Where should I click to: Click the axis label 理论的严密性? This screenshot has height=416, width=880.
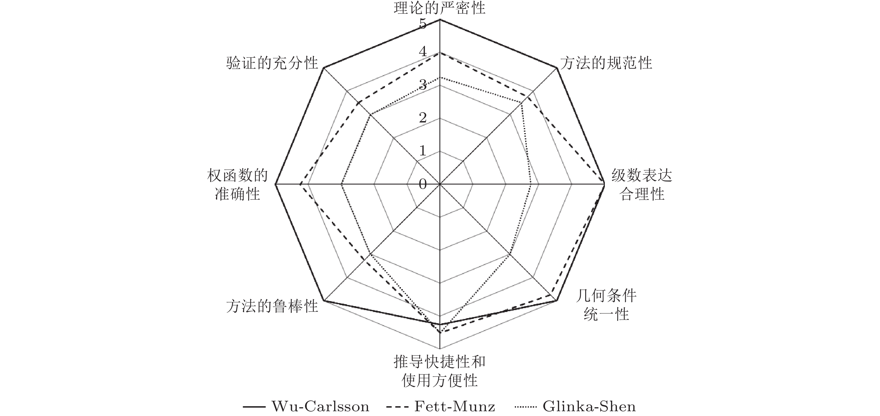[439, 8]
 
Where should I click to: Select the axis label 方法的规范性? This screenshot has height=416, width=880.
[606, 63]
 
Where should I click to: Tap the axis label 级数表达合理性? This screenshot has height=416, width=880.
[641, 185]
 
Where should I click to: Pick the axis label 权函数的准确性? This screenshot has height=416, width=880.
[237, 185]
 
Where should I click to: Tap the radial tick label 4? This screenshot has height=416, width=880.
[423, 52]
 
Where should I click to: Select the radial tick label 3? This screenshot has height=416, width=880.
[423, 84]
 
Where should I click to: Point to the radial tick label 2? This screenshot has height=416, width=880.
[423, 118]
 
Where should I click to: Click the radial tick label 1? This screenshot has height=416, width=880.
[423, 151]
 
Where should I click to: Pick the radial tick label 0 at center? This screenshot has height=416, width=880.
[423, 184]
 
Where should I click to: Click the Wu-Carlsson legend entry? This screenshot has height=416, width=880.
[306, 407]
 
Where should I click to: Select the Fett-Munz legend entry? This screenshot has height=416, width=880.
[441, 407]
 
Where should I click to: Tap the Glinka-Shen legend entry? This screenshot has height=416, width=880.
[575, 407]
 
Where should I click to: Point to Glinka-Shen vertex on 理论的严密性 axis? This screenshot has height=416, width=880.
[440, 78]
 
